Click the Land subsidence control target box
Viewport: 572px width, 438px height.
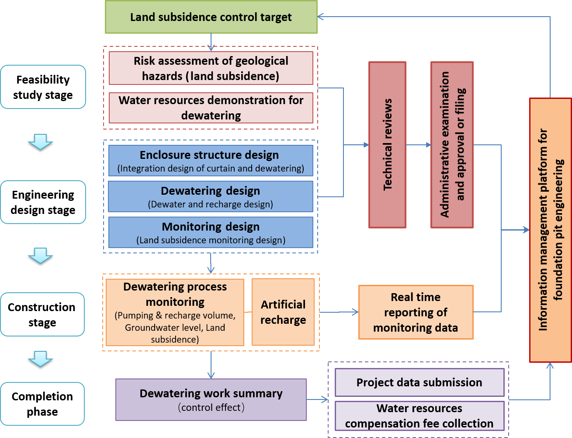coord(211,17)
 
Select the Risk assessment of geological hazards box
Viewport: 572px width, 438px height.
coord(211,68)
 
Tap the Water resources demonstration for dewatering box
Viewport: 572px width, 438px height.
coord(211,108)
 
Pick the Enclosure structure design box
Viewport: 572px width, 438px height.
coord(211,161)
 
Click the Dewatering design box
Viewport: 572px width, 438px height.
coord(211,197)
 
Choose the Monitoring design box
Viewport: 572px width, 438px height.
coord(211,233)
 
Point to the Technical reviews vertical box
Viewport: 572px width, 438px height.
coord(388,145)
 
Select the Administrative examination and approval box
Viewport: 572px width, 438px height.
coord(452,145)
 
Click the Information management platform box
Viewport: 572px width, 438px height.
coord(551,230)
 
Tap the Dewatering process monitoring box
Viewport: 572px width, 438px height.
coord(175,312)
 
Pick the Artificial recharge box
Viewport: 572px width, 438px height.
coord(283,312)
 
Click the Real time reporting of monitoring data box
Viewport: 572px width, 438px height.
coord(416,312)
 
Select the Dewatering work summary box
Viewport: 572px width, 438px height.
coord(211,399)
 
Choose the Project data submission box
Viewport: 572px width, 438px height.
coord(419,382)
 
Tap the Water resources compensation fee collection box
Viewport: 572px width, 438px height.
coord(419,416)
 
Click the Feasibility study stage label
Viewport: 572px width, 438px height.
coord(43,87)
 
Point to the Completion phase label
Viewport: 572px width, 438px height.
coord(42,404)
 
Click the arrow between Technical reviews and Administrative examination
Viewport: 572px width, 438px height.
coord(419,145)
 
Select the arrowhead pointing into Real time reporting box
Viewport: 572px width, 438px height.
coord(355,312)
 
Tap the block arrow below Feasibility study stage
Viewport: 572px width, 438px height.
coord(41,142)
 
